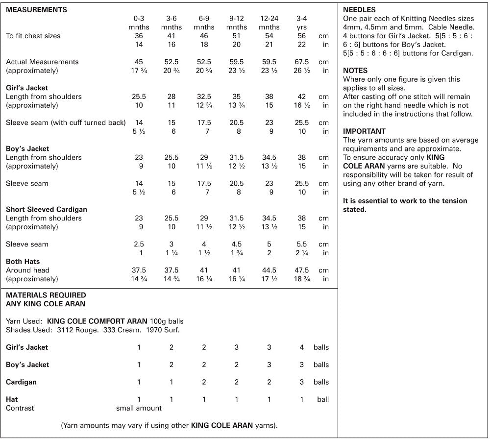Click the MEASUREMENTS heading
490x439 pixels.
(x=37, y=9)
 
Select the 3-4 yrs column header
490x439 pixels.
(x=302, y=23)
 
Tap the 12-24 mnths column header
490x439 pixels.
(x=269, y=23)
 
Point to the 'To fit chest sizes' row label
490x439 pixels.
(x=33, y=36)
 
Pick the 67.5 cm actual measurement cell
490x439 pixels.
(x=302, y=62)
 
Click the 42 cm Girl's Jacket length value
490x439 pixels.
(x=302, y=97)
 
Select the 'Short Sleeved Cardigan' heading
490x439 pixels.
(x=47, y=209)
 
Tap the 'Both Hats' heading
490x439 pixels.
(x=23, y=261)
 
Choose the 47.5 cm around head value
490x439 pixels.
(x=302, y=270)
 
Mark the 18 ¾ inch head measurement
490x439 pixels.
(x=302, y=279)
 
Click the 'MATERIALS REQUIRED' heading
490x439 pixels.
(x=46, y=295)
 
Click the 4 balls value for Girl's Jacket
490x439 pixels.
(x=302, y=347)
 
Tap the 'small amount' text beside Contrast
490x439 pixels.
(x=139, y=408)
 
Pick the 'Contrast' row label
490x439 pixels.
(x=20, y=408)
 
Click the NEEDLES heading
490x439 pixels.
(x=359, y=9)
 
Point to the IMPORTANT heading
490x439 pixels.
(x=364, y=131)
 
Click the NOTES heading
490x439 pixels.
(x=355, y=71)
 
